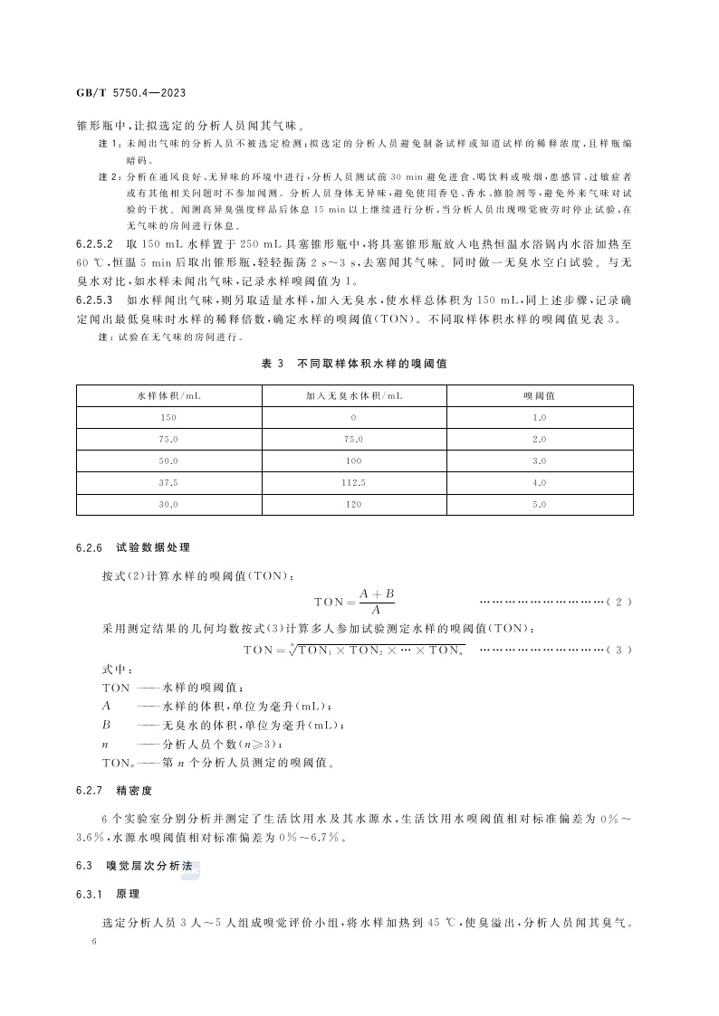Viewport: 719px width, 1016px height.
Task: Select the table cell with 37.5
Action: point(168,483)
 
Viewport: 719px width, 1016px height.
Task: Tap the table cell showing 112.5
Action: point(354,483)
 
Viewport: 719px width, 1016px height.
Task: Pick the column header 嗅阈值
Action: point(540,396)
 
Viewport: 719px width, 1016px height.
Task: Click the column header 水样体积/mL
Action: point(168,396)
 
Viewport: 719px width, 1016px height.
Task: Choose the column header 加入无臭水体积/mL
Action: point(354,396)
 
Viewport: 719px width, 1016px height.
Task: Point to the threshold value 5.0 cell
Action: point(540,505)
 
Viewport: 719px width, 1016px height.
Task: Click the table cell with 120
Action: point(354,505)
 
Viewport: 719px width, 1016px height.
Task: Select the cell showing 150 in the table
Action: point(168,418)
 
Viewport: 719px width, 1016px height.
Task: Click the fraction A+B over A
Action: point(377,602)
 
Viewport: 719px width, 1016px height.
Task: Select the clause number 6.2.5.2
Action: point(94,245)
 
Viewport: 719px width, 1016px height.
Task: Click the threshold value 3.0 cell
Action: point(540,461)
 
